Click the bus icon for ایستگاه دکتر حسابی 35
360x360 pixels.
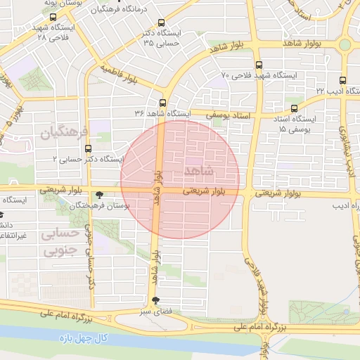click(x=162, y=23)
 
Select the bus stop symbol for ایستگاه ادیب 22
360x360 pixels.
click(x=342, y=80)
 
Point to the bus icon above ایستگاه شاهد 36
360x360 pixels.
click(x=162, y=102)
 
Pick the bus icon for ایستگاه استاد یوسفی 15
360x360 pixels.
click(x=294, y=108)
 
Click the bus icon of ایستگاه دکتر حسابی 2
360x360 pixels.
click(x=88, y=148)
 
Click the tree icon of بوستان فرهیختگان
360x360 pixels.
click(x=100, y=195)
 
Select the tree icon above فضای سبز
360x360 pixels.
click(x=155, y=300)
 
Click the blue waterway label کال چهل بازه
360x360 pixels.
click(x=84, y=339)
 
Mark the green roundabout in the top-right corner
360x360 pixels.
click(x=345, y=44)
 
